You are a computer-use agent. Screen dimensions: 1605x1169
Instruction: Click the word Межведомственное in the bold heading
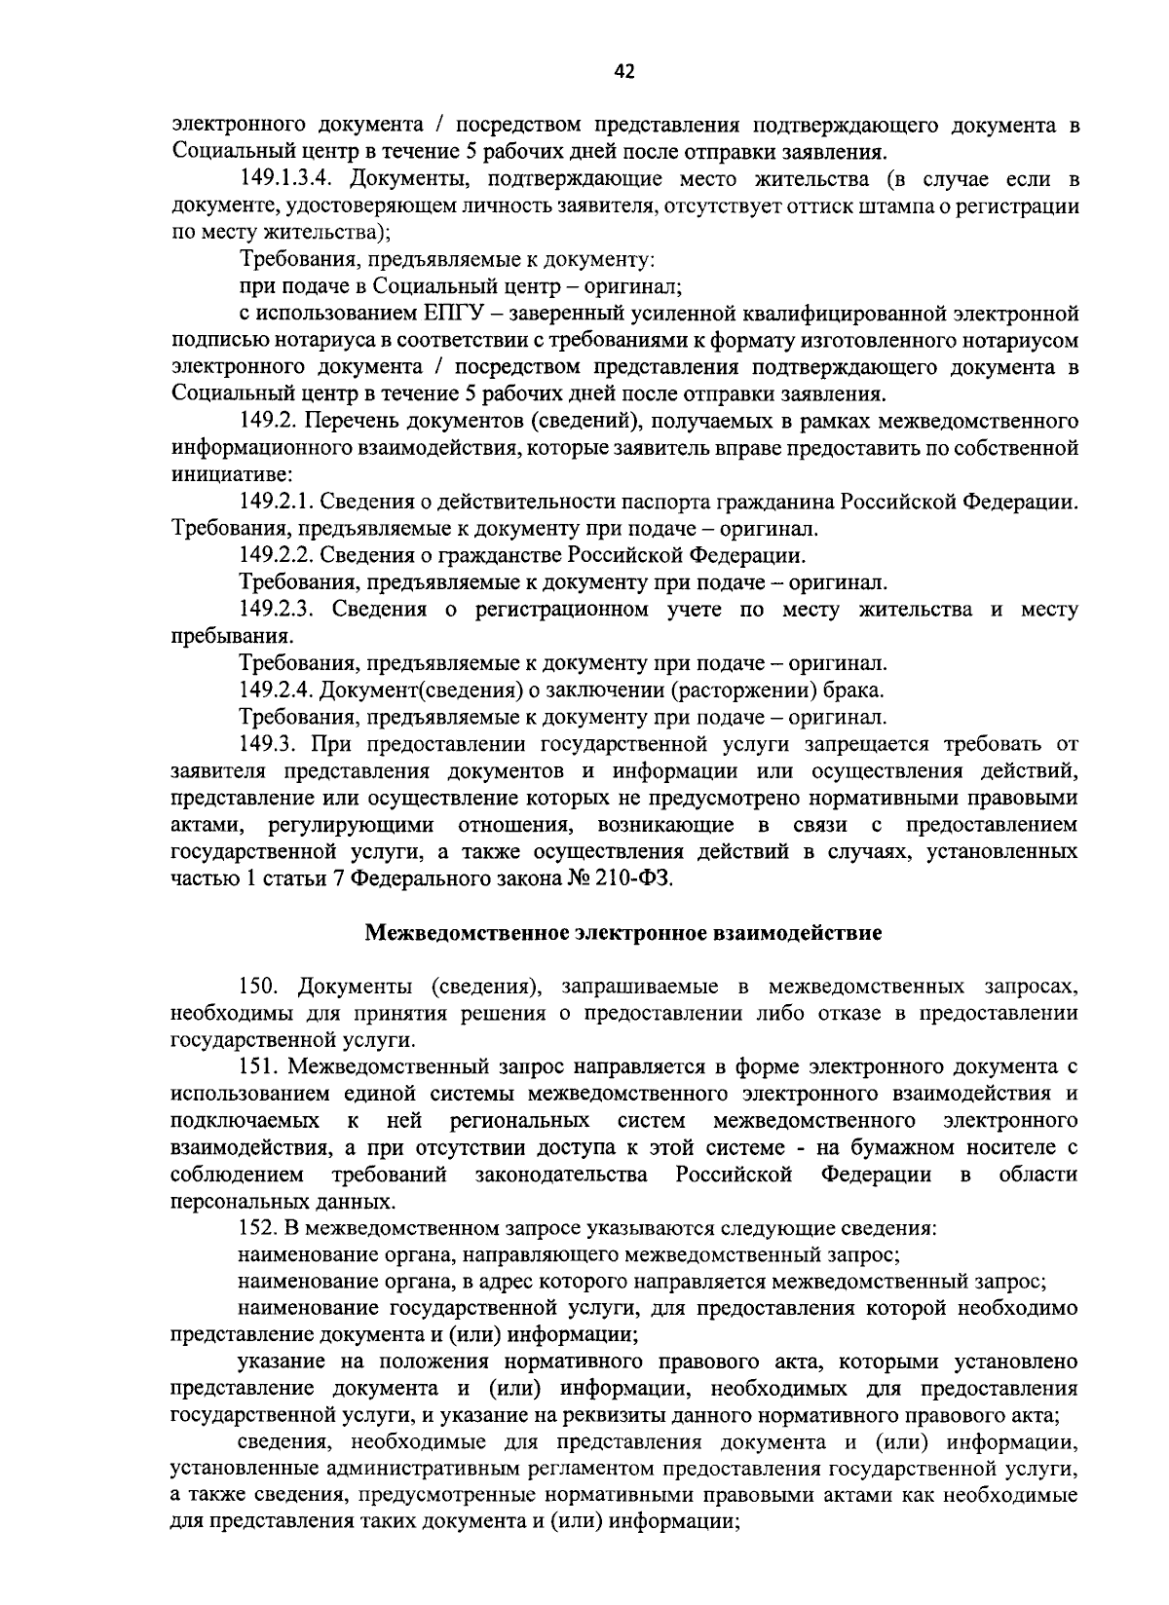coord(464,933)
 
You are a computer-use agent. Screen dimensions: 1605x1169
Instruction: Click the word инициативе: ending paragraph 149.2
coord(224,475)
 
